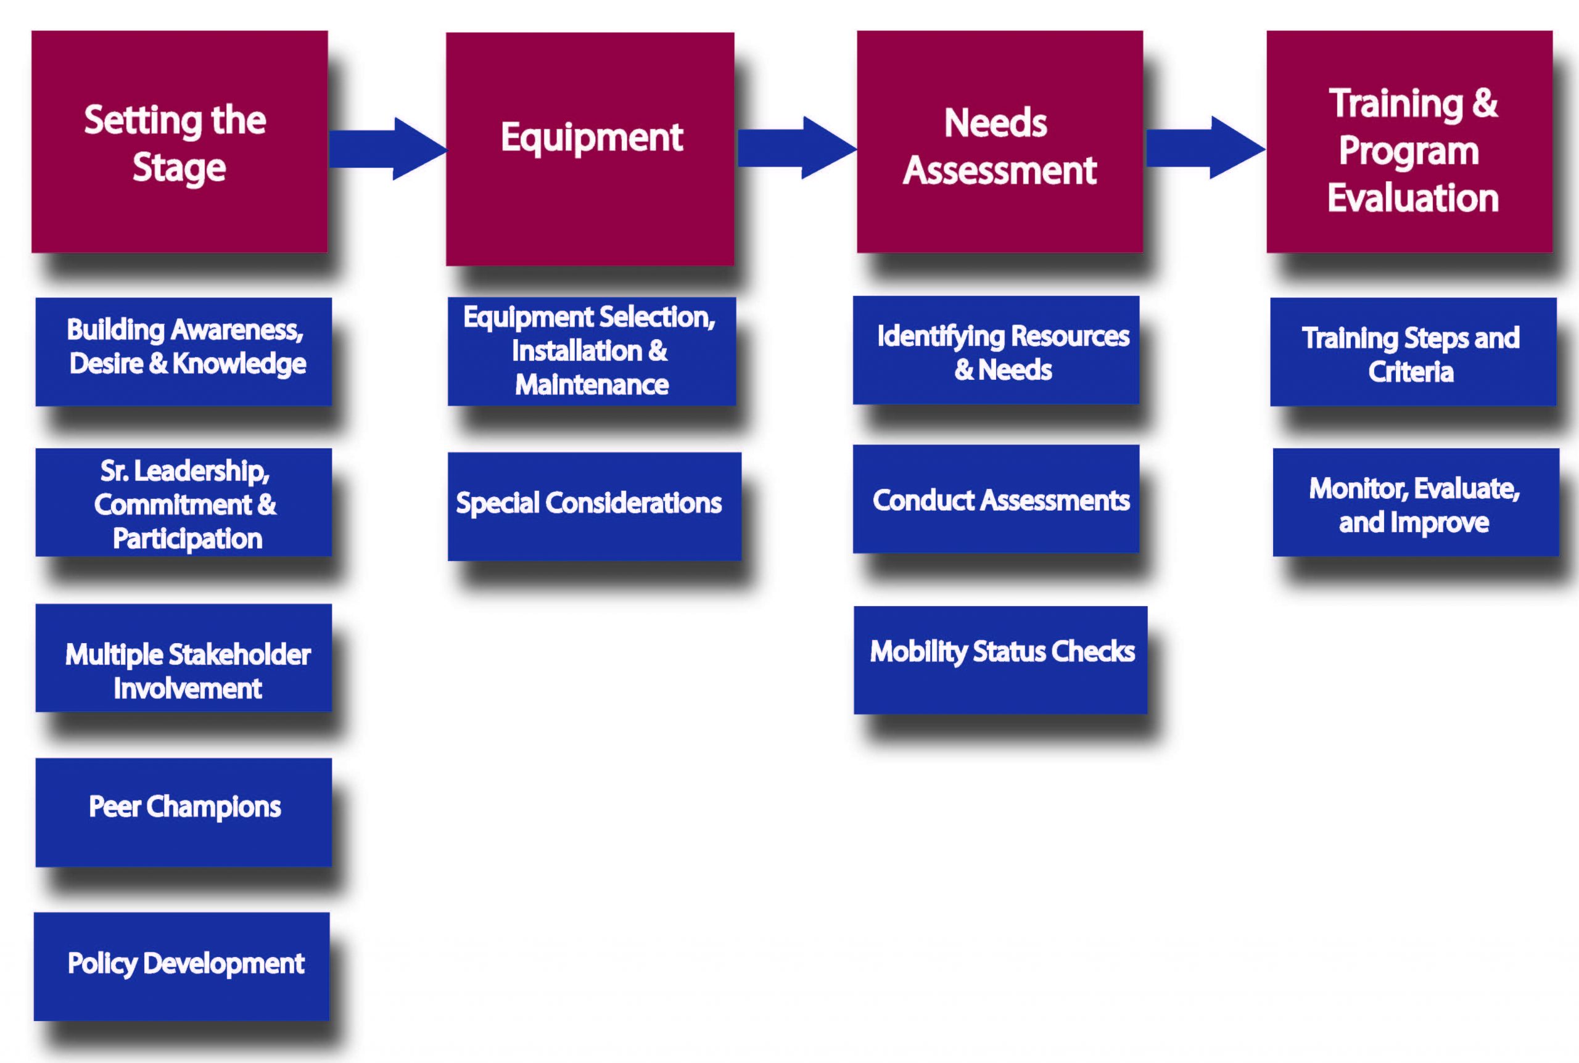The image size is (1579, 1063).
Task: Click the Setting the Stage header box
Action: pos(179,142)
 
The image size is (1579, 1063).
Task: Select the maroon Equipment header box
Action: pos(590,149)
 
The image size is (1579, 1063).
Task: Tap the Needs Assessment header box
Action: pos(1000,142)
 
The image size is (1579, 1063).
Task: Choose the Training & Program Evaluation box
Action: pos(1409,142)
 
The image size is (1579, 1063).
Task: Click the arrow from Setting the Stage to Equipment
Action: pos(388,149)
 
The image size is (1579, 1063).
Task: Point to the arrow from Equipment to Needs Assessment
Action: pos(798,148)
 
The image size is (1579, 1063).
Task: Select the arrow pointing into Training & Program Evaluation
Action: pos(1205,148)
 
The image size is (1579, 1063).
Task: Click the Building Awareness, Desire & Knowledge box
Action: pos(184,352)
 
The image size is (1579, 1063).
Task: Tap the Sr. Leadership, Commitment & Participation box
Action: pos(184,503)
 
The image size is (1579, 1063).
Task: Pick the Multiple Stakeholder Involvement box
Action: pos(184,658)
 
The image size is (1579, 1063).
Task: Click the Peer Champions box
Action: pos(184,812)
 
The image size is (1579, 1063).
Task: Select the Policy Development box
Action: pos(182,967)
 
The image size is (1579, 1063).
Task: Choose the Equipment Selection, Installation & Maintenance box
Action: pos(592,351)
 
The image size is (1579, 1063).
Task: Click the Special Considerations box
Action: pos(595,506)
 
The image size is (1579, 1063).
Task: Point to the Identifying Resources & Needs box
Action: pos(996,350)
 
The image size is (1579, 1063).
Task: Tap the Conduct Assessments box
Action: pos(996,499)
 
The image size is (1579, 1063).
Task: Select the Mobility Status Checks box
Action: pos(1000,660)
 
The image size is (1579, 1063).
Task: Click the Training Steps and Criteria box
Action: pos(1414,352)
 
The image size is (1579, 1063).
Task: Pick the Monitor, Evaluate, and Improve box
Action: pos(1416,503)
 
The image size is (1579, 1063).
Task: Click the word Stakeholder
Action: pos(239,655)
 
